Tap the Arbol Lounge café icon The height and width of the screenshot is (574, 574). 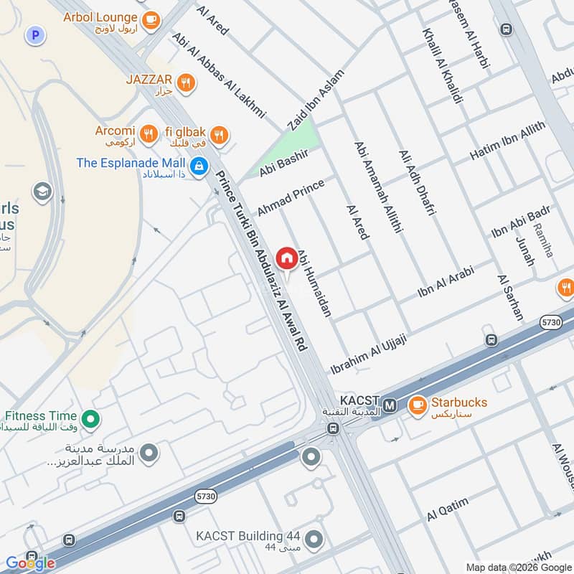tap(151, 21)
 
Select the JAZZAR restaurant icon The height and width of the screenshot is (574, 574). tap(186, 84)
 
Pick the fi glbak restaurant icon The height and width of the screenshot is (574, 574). tap(220, 133)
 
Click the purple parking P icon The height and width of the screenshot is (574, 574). tap(33, 34)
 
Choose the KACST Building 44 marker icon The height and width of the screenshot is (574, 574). tap(312, 538)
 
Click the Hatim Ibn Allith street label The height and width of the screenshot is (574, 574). tap(507, 140)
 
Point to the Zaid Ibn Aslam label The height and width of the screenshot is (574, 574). tap(316, 100)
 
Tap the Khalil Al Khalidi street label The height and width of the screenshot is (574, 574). tap(442, 66)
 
